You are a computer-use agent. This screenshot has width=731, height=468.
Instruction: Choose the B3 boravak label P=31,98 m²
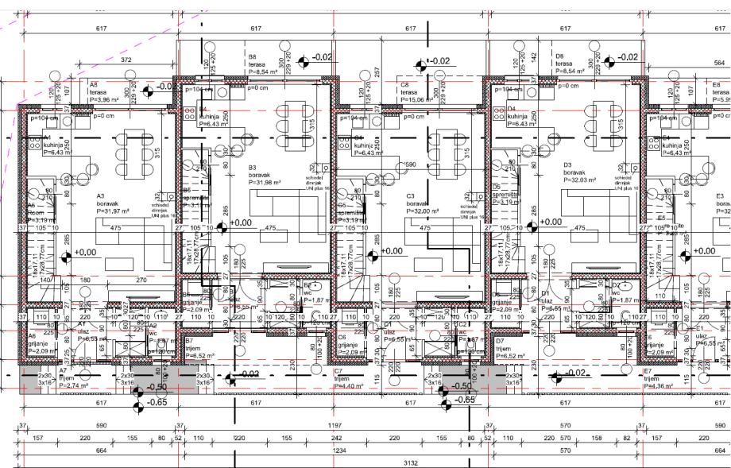click(x=261, y=176)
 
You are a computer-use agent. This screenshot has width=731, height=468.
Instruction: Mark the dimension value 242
click(x=337, y=438)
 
